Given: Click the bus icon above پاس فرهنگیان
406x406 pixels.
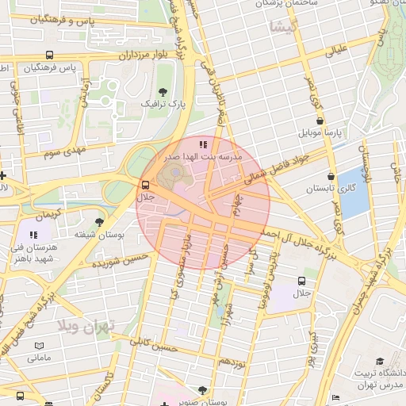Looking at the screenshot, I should pyautogui.click(x=50, y=56).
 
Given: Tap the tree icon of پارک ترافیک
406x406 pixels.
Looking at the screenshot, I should pyautogui.click(x=163, y=92).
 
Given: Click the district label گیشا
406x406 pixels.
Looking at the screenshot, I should pyautogui.click(x=283, y=28).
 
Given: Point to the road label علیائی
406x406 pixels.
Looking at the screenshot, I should pyautogui.click(x=336, y=52).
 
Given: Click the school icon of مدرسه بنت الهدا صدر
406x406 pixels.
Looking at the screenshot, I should pyautogui.click(x=203, y=144).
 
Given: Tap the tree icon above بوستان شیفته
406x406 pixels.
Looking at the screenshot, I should pyautogui.click(x=99, y=222).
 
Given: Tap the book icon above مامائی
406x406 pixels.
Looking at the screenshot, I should pyautogui.click(x=40, y=347).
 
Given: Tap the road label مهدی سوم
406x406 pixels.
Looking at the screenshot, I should pyautogui.click(x=64, y=149).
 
